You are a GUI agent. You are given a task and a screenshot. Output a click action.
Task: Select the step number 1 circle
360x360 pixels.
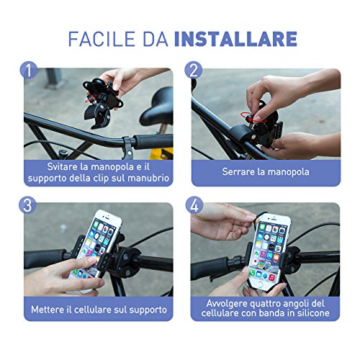click(27, 71)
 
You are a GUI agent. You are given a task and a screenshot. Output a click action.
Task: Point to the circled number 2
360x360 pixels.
click(193, 71)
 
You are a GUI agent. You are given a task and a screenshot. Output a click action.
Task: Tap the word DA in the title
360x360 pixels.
click(161, 39)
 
